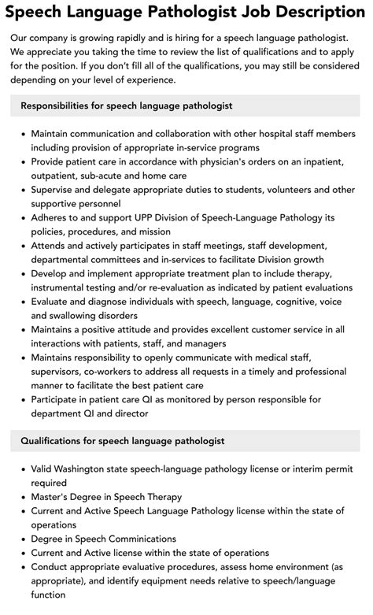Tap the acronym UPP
coord(122,217)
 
